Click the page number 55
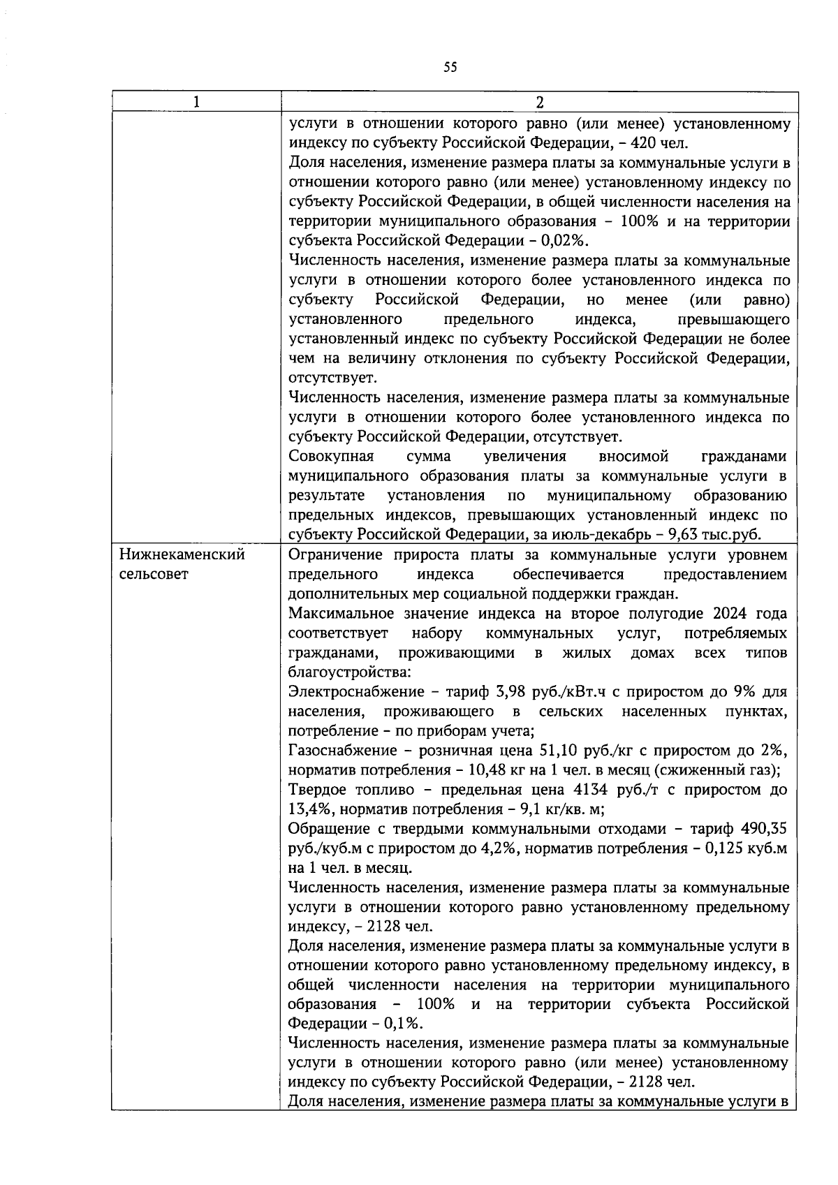click(450, 68)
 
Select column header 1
click(196, 102)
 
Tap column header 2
click(539, 102)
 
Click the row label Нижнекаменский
click(182, 555)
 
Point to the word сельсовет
click(154, 575)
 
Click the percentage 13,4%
click(307, 809)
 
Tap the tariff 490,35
click(763, 829)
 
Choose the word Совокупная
click(331, 457)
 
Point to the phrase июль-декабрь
click(613, 535)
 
